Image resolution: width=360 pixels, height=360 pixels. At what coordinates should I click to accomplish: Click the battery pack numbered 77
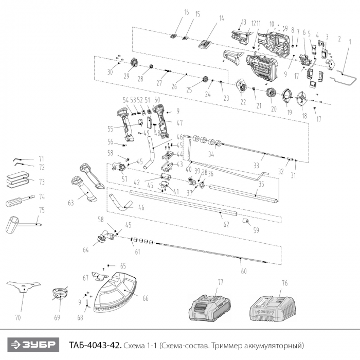208,309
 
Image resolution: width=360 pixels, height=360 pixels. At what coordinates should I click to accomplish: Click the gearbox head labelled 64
103,238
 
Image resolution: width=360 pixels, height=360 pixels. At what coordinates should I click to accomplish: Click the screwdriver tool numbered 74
18,201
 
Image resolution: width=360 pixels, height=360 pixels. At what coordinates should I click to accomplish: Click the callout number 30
110,72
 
